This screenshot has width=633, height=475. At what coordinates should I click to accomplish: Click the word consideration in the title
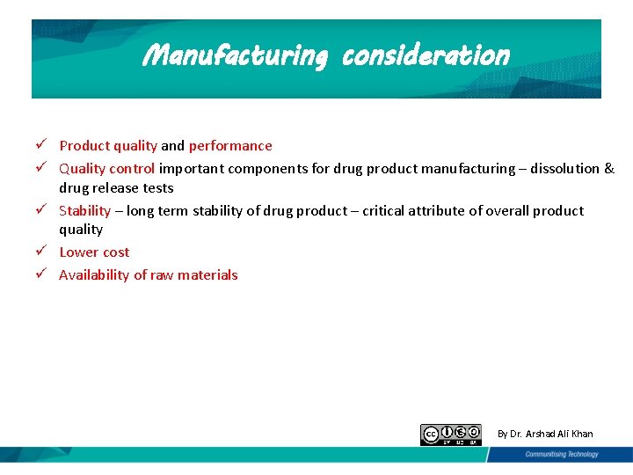pyautogui.click(x=426, y=55)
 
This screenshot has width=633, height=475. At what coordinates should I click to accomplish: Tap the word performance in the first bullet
pyautogui.click(x=230, y=146)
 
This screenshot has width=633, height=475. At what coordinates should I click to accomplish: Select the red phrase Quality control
pyautogui.click(x=107, y=168)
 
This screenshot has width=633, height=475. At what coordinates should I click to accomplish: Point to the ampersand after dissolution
pyautogui.click(x=609, y=168)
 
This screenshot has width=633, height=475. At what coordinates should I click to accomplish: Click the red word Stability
pyautogui.click(x=84, y=210)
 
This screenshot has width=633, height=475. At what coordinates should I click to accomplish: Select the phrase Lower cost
pyautogui.click(x=94, y=252)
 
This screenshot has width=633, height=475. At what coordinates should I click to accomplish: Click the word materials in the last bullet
pyautogui.click(x=207, y=275)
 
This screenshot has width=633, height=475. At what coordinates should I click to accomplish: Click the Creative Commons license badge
pyautogui.click(x=450, y=434)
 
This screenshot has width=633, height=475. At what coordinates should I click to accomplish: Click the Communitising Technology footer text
pyautogui.click(x=561, y=455)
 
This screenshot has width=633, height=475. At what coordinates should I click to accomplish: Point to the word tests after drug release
pyautogui.click(x=157, y=188)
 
